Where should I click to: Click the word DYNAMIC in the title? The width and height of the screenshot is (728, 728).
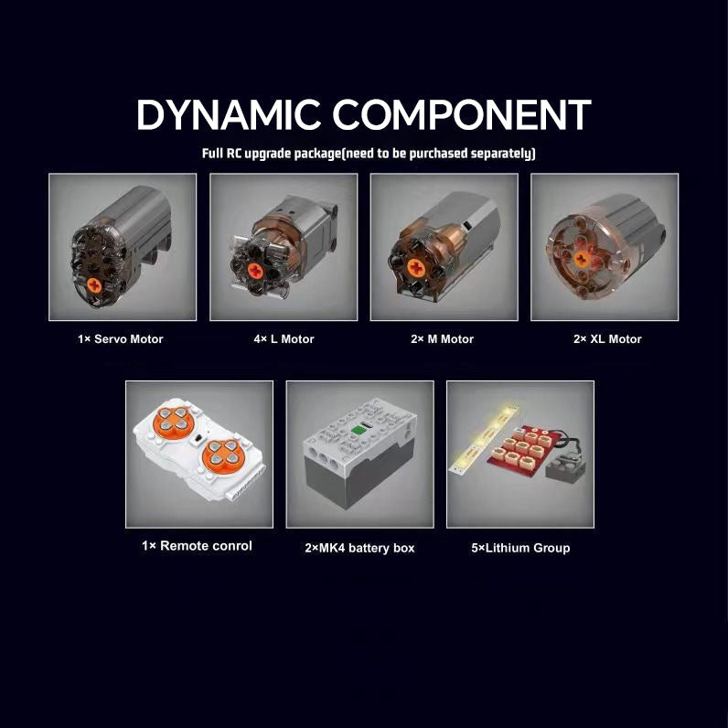point(228,114)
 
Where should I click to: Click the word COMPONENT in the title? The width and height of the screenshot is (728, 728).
point(462,114)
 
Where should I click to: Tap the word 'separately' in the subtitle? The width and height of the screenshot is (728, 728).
point(501,154)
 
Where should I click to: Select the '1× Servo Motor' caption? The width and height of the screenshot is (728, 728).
point(120,339)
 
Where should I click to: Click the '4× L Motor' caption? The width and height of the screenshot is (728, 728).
point(284,339)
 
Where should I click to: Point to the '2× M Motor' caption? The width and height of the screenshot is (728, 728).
point(442,339)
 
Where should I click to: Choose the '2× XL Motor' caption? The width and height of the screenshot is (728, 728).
point(607,339)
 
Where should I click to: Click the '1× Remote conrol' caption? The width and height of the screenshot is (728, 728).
point(197,545)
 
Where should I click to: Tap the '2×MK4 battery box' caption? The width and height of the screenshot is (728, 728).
point(359,548)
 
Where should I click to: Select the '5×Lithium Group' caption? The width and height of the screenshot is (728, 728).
point(520,548)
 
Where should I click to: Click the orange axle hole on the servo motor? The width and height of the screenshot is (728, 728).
point(94,285)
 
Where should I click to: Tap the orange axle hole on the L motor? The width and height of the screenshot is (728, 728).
point(255,270)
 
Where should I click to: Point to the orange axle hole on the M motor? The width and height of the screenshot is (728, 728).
point(416,268)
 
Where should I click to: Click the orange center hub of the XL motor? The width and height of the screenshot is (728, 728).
point(582,259)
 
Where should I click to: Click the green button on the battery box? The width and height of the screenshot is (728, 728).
point(358,430)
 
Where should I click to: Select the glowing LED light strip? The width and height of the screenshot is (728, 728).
point(483,438)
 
